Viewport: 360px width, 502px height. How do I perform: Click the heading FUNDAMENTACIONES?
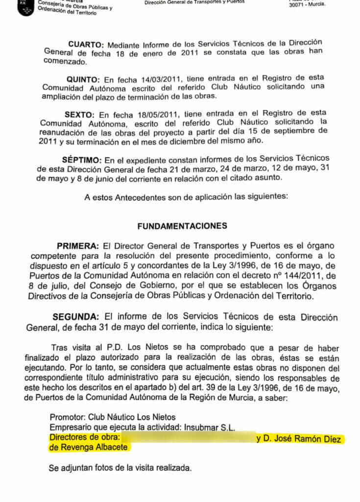[x=182, y=226]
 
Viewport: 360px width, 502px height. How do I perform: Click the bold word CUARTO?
[x=86, y=44]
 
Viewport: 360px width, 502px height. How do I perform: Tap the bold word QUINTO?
[x=83, y=79]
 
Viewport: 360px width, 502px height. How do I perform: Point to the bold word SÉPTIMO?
[x=82, y=160]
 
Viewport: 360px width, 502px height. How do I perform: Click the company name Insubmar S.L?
[x=209, y=427]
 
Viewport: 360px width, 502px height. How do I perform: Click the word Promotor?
[x=68, y=417]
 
